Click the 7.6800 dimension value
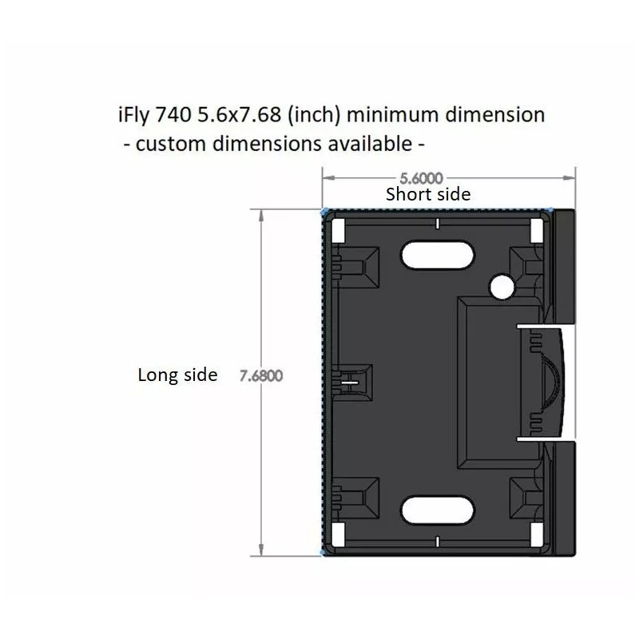coord(261,375)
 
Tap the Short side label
coord(428,194)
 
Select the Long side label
coord(177,375)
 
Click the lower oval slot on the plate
coord(437,510)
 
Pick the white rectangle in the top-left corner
coord(337,230)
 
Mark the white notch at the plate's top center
coord(438,222)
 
